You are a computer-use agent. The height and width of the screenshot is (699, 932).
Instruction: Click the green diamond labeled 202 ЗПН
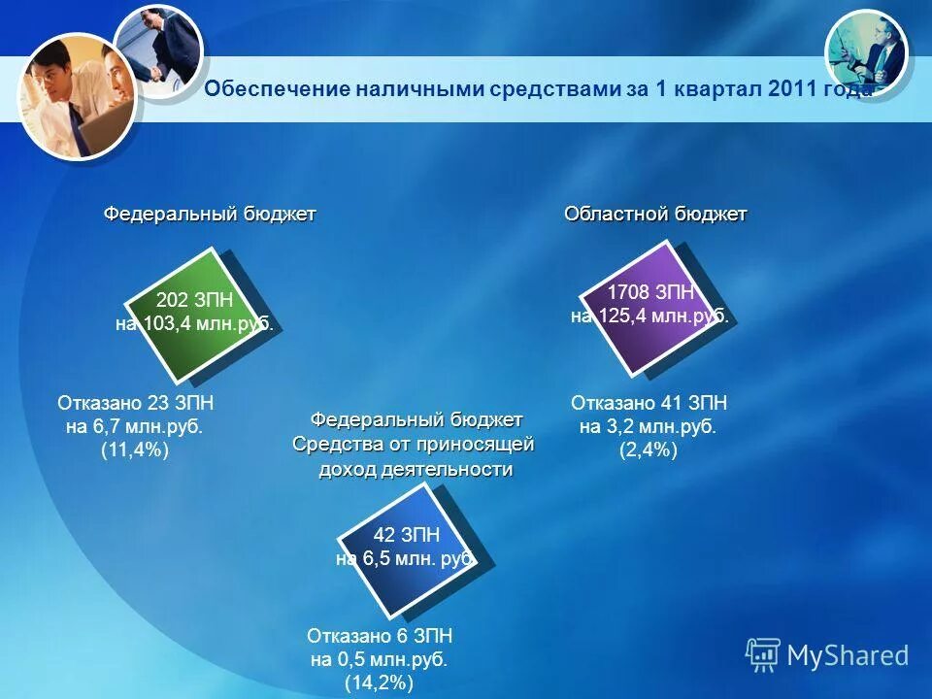194,313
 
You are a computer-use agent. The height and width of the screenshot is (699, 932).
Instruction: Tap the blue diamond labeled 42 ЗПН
407,548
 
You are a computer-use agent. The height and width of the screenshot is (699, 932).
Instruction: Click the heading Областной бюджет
655,214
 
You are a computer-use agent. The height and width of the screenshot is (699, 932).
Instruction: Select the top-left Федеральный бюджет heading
210,214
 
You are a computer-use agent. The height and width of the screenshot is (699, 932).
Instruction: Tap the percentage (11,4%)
135,449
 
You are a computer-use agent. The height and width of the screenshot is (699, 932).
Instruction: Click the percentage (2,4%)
648,449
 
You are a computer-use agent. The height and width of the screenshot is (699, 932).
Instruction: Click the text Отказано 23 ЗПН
135,403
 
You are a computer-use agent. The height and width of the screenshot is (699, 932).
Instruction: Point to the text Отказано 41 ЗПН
649,403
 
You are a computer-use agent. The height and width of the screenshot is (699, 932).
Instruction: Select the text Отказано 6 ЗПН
380,636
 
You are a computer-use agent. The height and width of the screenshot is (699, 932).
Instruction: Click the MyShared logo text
847,655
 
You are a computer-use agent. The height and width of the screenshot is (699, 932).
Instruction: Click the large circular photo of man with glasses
75,96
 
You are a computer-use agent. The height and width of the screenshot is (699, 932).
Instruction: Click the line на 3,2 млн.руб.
649,426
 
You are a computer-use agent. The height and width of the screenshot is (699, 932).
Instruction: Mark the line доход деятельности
416,469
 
